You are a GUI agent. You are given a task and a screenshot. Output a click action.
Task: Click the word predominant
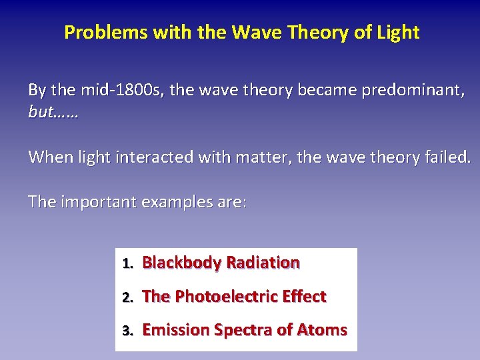pos(409,90)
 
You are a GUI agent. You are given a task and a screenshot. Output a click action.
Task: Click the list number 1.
pos(127,263)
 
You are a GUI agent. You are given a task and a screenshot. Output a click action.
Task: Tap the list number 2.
pos(127,297)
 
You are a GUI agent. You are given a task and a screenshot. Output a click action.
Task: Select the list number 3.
pos(127,331)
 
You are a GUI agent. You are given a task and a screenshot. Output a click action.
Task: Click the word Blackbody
pos(181,263)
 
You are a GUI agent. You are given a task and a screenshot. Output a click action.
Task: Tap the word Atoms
pos(322,330)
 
